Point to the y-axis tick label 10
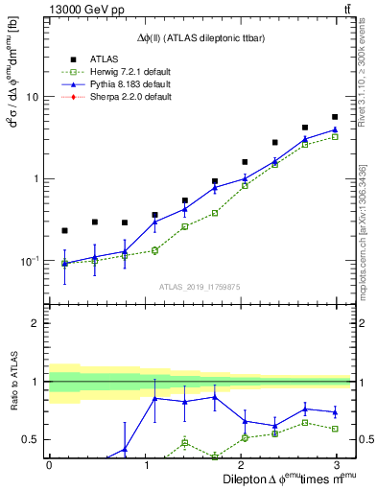tap(31, 97)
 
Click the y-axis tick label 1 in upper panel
tap(35, 178)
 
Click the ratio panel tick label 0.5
tap(29, 440)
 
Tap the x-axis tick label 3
tap(335, 464)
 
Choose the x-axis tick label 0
tap(49, 464)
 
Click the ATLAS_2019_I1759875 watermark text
tap(200, 287)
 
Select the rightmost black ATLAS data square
tap(335, 117)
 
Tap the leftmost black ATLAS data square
tap(64, 230)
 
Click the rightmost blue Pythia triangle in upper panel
tap(335, 129)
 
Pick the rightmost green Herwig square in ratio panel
tap(335, 429)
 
